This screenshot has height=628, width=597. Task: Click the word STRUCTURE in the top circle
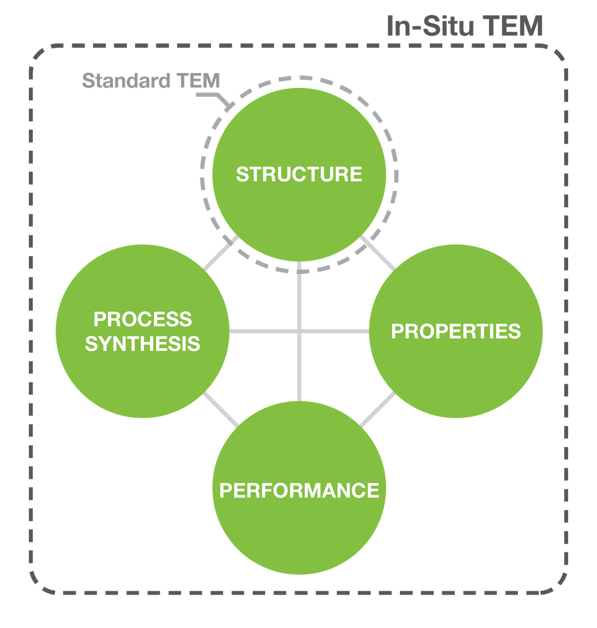(x=299, y=175)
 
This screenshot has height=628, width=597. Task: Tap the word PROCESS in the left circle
(x=143, y=319)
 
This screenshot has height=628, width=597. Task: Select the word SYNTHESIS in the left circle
(x=143, y=344)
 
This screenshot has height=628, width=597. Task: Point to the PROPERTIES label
(x=456, y=331)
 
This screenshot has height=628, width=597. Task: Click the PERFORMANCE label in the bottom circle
(x=299, y=490)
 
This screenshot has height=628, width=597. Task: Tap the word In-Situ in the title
(x=430, y=26)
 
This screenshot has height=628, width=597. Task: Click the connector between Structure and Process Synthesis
(x=221, y=253)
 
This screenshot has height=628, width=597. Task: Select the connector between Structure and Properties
(x=378, y=253)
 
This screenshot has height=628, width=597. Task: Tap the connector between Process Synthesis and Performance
(x=221, y=410)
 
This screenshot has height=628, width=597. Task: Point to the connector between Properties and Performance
(x=378, y=410)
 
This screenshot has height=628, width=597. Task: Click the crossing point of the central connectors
(x=299, y=331)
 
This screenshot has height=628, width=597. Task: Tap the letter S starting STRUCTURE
(x=242, y=175)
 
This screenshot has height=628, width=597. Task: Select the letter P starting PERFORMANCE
(x=226, y=490)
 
